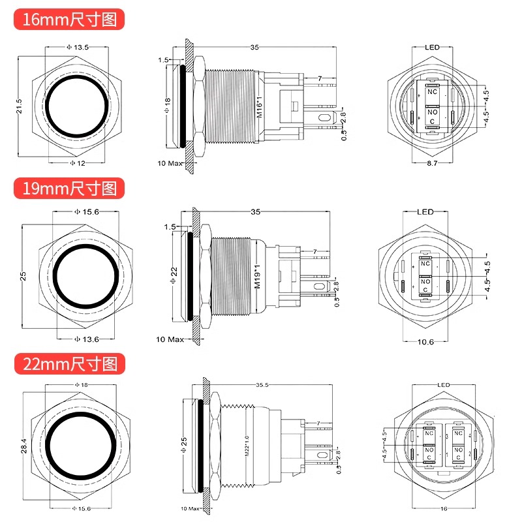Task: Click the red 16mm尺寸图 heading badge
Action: tap(69, 20)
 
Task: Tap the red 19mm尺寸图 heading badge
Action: tap(69, 189)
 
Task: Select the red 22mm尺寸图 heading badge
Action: tap(70, 364)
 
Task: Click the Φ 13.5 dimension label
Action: tap(78, 47)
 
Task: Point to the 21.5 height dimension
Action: tap(19, 106)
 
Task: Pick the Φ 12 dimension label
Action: tap(78, 163)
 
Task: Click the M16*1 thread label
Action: tap(260, 107)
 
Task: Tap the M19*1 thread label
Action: tap(257, 277)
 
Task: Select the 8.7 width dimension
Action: tap(432, 163)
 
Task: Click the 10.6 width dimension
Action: tap(425, 342)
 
